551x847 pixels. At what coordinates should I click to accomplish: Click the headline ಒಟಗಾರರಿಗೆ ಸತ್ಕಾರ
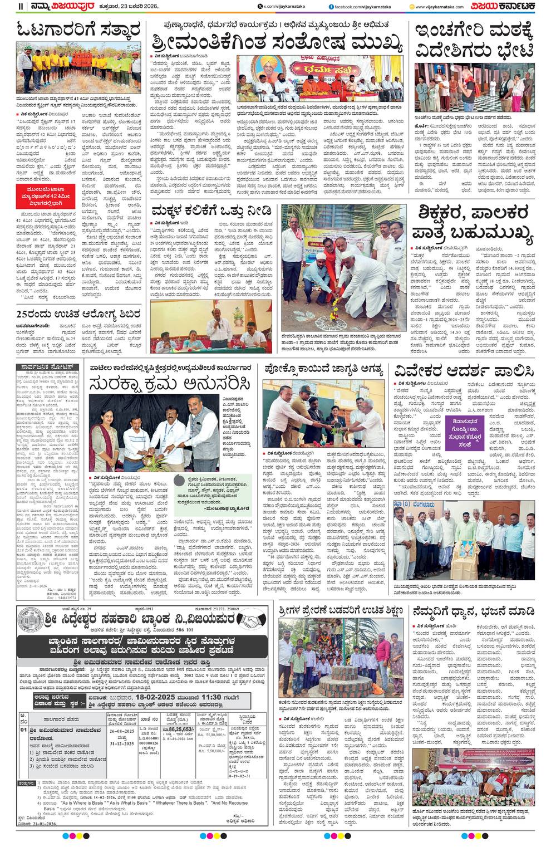click(x=78, y=31)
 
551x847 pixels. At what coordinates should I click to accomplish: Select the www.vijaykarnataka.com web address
click(x=437, y=6)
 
